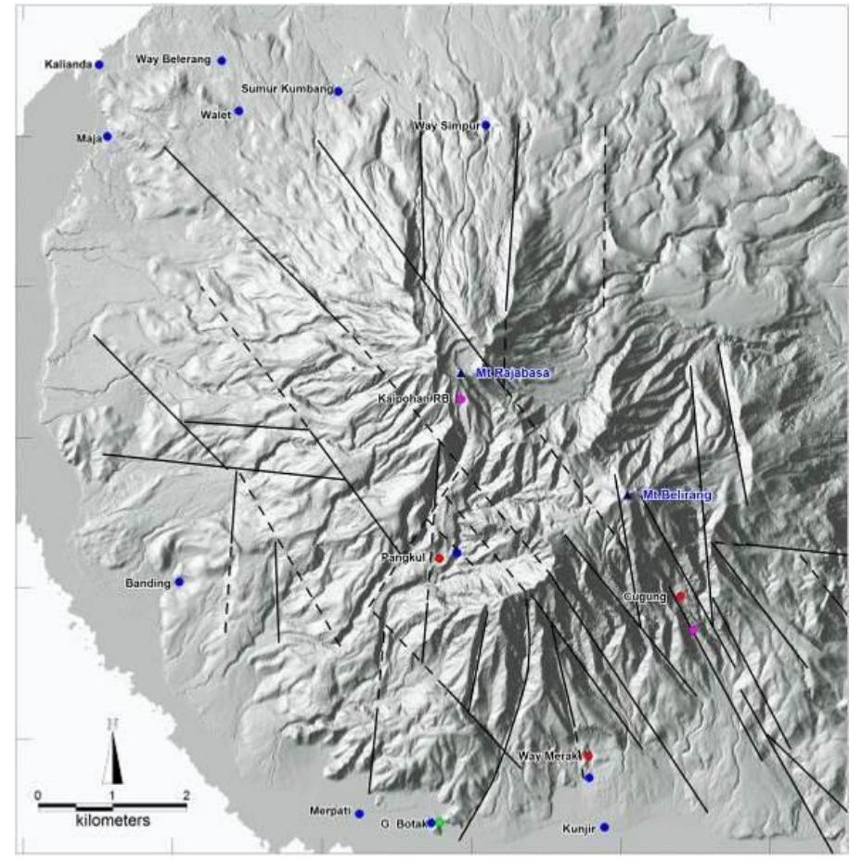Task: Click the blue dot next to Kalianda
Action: click(98, 64)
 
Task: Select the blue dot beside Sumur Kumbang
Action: click(339, 91)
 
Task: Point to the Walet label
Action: click(215, 112)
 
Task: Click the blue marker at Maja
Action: click(108, 136)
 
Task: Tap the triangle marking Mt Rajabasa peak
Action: click(461, 373)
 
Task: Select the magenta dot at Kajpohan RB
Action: click(461, 398)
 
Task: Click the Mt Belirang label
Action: click(675, 495)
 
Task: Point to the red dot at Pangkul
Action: click(440, 559)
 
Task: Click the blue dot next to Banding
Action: click(179, 582)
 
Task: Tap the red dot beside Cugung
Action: click(680, 597)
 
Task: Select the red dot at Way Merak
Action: click(587, 756)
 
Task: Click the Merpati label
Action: click(329, 811)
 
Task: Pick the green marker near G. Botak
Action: click(442, 822)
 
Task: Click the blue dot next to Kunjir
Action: click(604, 827)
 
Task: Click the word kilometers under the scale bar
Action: click(112, 821)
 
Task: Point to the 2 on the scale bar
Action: click(187, 795)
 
